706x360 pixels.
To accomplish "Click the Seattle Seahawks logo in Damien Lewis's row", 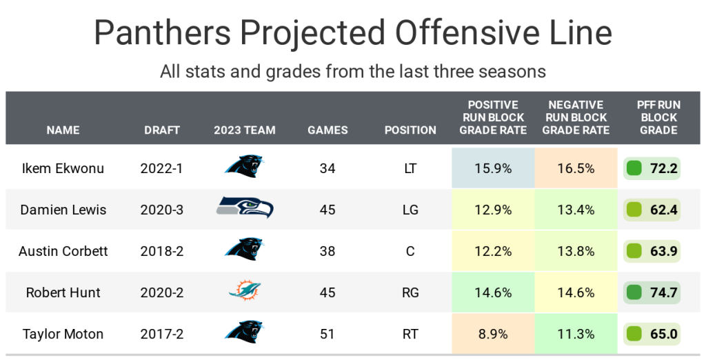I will [245, 208].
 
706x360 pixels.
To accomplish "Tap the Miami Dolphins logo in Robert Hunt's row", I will [245, 292].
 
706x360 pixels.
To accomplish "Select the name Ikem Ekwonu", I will [63, 168].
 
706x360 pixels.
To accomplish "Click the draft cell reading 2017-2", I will [162, 334].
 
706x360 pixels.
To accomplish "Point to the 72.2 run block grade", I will [663, 168].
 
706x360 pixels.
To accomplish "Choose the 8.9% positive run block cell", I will [493, 334].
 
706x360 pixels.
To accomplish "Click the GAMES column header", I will [327, 130].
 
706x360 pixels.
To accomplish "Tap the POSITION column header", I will [410, 130].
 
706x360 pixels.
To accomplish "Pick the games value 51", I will [327, 334].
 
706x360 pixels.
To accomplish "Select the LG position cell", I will [410, 210].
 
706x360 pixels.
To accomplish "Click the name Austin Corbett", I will [63, 251].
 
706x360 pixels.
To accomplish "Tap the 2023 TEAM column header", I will [245, 130].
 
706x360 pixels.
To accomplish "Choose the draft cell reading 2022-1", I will [162, 168].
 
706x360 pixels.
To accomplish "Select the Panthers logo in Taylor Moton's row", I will [244, 332].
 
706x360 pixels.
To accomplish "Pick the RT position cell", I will [410, 334].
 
